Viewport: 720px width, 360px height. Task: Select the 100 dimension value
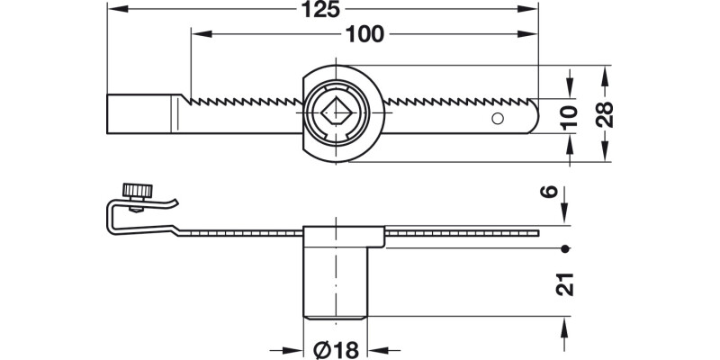coord(364,34)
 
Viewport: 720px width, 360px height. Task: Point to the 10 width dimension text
coord(566,114)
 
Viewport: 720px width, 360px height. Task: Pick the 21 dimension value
coord(564,283)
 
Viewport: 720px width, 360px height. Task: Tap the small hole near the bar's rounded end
coord(496,118)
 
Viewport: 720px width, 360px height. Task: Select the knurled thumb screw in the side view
coord(138,192)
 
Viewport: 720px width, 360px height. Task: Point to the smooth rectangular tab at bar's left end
coord(139,113)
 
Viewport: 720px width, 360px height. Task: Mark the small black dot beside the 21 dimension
coord(564,247)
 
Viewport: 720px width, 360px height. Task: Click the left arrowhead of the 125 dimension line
coord(112,10)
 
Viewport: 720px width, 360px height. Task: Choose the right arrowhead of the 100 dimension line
coord(531,34)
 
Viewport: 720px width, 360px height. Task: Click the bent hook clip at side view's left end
coord(114,219)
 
